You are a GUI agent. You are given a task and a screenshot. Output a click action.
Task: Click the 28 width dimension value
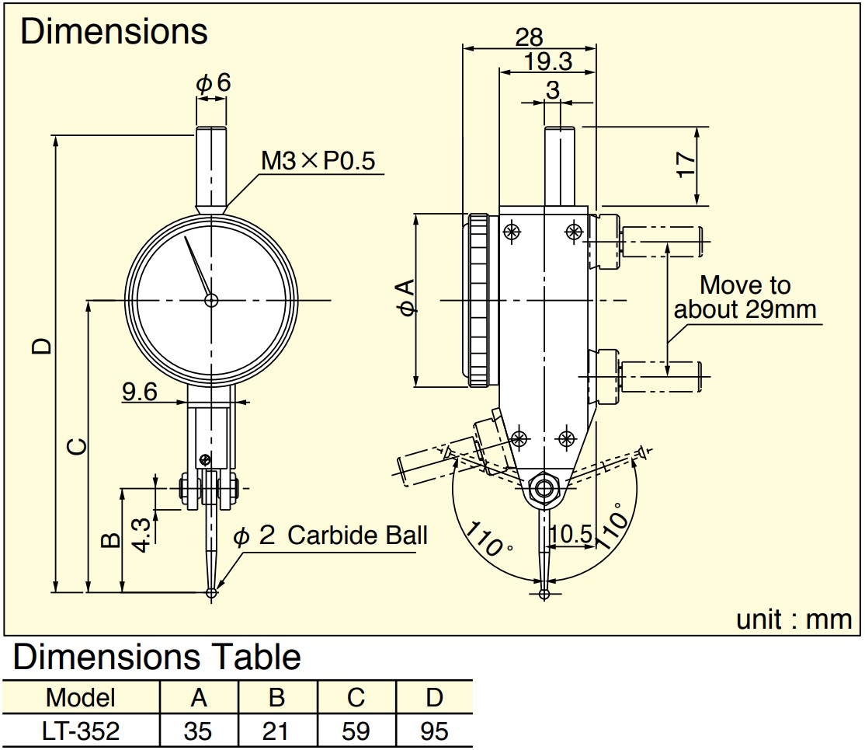tap(529, 37)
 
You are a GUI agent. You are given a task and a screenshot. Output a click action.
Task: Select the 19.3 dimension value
tap(547, 61)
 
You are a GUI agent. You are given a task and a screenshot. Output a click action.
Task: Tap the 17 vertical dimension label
tap(686, 165)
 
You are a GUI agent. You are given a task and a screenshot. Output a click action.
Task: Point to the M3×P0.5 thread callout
tap(318, 161)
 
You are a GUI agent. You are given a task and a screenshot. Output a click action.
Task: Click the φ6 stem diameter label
tap(213, 83)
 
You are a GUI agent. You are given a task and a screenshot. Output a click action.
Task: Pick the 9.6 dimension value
tap(140, 392)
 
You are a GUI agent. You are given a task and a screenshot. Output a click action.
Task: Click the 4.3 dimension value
tap(141, 535)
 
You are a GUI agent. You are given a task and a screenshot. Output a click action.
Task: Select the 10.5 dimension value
tap(571, 533)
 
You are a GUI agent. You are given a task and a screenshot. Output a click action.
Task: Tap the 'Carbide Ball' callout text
tap(357, 535)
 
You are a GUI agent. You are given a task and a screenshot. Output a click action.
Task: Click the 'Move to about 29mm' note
tap(745, 297)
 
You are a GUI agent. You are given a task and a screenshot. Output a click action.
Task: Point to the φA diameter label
tap(406, 298)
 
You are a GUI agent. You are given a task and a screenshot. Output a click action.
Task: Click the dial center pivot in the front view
tap(211, 301)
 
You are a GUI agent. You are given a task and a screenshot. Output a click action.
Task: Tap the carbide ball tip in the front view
tap(211, 592)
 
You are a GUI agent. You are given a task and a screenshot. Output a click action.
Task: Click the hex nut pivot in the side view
tap(544, 488)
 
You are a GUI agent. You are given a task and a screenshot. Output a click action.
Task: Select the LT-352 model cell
tap(81, 731)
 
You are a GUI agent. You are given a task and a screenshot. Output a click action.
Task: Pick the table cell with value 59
tap(356, 731)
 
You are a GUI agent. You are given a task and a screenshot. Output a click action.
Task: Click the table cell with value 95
tap(434, 731)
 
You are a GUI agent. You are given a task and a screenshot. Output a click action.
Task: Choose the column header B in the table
tap(277, 697)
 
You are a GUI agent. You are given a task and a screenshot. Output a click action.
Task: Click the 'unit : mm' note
tap(794, 619)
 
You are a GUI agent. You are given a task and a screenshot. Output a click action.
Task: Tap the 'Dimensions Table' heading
tap(157, 657)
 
